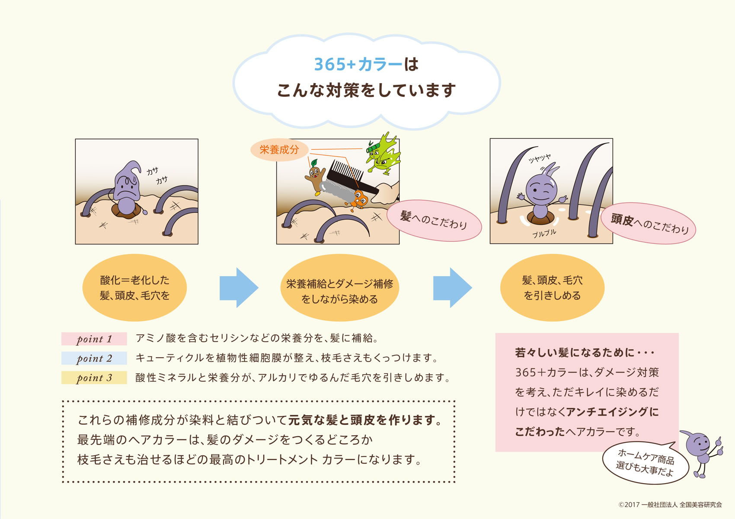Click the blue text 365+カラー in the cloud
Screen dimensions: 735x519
pos(358,64)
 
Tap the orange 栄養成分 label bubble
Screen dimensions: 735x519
pos(279,150)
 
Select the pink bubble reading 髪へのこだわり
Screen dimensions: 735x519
pos(434,221)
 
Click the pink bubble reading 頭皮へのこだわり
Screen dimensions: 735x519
pos(648,223)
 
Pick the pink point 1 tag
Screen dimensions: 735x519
pos(94,339)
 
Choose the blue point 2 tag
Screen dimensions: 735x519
pos(94,358)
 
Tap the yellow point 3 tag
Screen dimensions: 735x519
pos(94,378)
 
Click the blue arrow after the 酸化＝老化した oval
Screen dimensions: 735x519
pos(239,288)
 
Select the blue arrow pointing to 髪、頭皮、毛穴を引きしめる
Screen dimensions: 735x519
pos(453,288)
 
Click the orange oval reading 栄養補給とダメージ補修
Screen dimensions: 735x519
pos(339,288)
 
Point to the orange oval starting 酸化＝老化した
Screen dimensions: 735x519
pos(134,288)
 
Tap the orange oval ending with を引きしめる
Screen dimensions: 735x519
pos(552,288)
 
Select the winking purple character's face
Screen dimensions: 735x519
pos(541,190)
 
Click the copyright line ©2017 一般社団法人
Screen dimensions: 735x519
pos(670,505)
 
